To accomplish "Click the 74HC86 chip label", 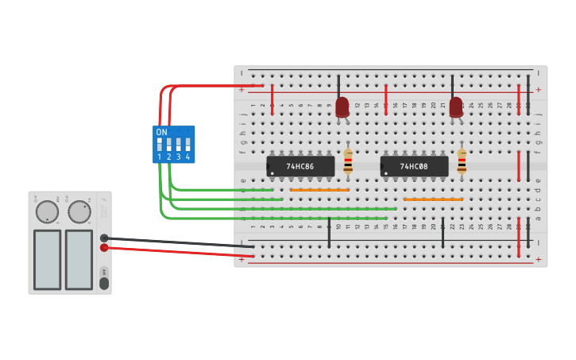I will coord(300,167).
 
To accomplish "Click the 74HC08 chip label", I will coord(414,167).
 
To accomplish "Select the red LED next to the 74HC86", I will coord(342,106).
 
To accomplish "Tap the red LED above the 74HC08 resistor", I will coord(456,106).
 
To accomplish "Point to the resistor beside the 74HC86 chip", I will coord(348,161).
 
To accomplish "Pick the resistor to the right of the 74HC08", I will coord(462,161).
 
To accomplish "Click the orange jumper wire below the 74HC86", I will coord(319,190).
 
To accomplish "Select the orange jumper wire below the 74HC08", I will coord(433,199).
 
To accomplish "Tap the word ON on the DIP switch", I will coord(161,132).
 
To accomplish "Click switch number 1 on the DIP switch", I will coord(160,145).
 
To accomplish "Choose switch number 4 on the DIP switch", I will coord(188,145).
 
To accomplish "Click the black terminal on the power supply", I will coord(104,238).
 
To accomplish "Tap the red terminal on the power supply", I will coord(104,248).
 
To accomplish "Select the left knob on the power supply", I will coord(47,211).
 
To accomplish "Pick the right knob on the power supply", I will coord(79,211).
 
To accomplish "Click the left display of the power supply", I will coord(48,259).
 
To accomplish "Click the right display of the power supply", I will coord(79,259).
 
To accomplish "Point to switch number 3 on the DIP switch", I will coord(179,145).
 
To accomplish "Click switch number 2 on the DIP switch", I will coord(169,145).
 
